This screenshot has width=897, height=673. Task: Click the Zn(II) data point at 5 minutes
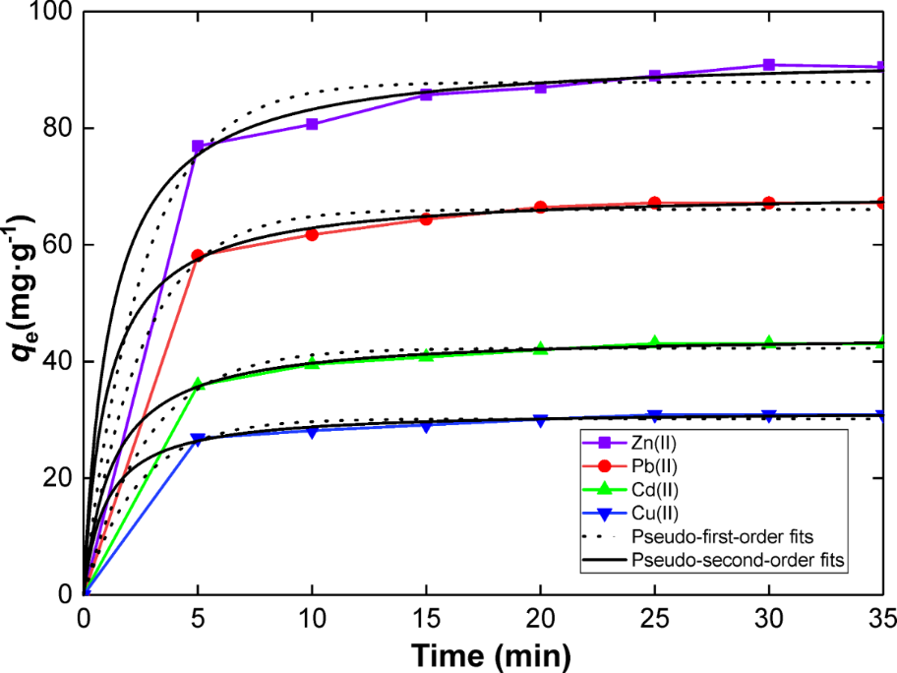pyautogui.click(x=198, y=146)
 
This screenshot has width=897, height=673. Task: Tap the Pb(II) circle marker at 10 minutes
pyautogui.click(x=312, y=234)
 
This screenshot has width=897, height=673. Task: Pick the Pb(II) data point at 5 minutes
pyautogui.click(x=198, y=256)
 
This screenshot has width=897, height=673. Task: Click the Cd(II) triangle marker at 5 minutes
pyautogui.click(x=198, y=384)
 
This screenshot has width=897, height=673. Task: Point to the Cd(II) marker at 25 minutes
pyautogui.click(x=655, y=342)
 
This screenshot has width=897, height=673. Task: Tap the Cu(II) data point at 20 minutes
pyautogui.click(x=540, y=420)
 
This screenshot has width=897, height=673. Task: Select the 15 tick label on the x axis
pyautogui.click(x=426, y=619)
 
